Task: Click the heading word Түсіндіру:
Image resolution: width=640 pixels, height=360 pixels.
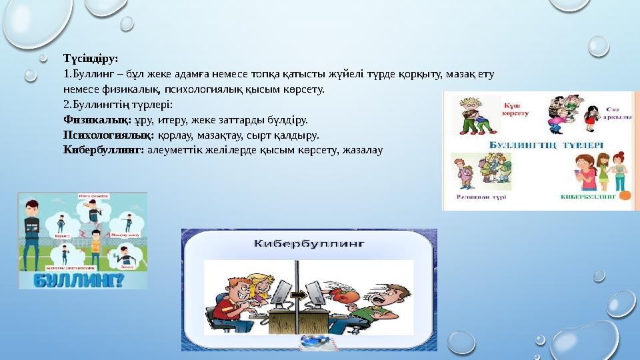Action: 90,58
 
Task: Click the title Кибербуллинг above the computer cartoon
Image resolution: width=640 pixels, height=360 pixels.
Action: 309,244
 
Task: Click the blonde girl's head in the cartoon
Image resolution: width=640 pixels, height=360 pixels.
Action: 257,284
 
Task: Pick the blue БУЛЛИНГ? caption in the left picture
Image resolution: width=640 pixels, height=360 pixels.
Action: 82,278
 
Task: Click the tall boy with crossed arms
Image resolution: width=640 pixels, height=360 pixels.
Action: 33,230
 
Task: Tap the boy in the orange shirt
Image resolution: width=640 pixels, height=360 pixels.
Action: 95,245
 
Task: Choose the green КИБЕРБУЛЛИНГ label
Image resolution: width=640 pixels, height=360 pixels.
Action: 588,198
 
